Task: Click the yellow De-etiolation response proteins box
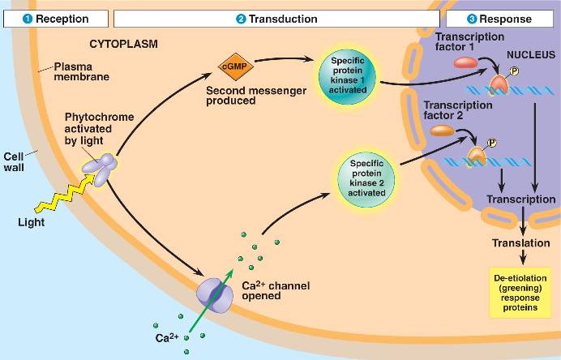pyautogui.click(x=523, y=291)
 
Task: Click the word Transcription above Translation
pyautogui.click(x=520, y=199)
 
